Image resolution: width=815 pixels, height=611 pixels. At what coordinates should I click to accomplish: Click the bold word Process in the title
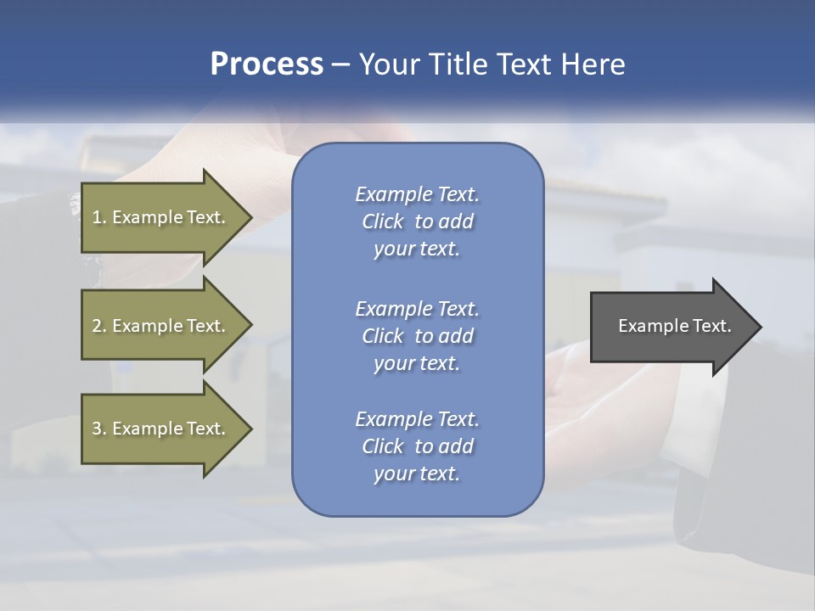click(x=267, y=64)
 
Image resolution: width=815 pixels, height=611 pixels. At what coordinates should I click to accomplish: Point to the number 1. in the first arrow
click(x=99, y=217)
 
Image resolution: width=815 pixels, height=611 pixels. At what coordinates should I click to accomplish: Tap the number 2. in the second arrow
click(x=99, y=326)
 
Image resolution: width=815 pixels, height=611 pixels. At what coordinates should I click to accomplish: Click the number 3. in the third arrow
click(x=99, y=429)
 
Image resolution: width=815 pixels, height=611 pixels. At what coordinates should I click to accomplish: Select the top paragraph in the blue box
click(x=417, y=221)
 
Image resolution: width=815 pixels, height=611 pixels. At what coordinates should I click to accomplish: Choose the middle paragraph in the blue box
click(x=417, y=335)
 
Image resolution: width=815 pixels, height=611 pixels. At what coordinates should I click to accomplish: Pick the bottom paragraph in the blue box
click(x=417, y=446)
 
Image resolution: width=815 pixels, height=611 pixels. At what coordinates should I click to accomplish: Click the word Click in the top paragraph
click(x=383, y=221)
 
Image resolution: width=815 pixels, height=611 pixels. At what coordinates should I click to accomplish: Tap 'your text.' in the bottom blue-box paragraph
click(x=417, y=474)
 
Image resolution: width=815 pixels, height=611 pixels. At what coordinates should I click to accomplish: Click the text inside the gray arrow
click(x=674, y=326)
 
